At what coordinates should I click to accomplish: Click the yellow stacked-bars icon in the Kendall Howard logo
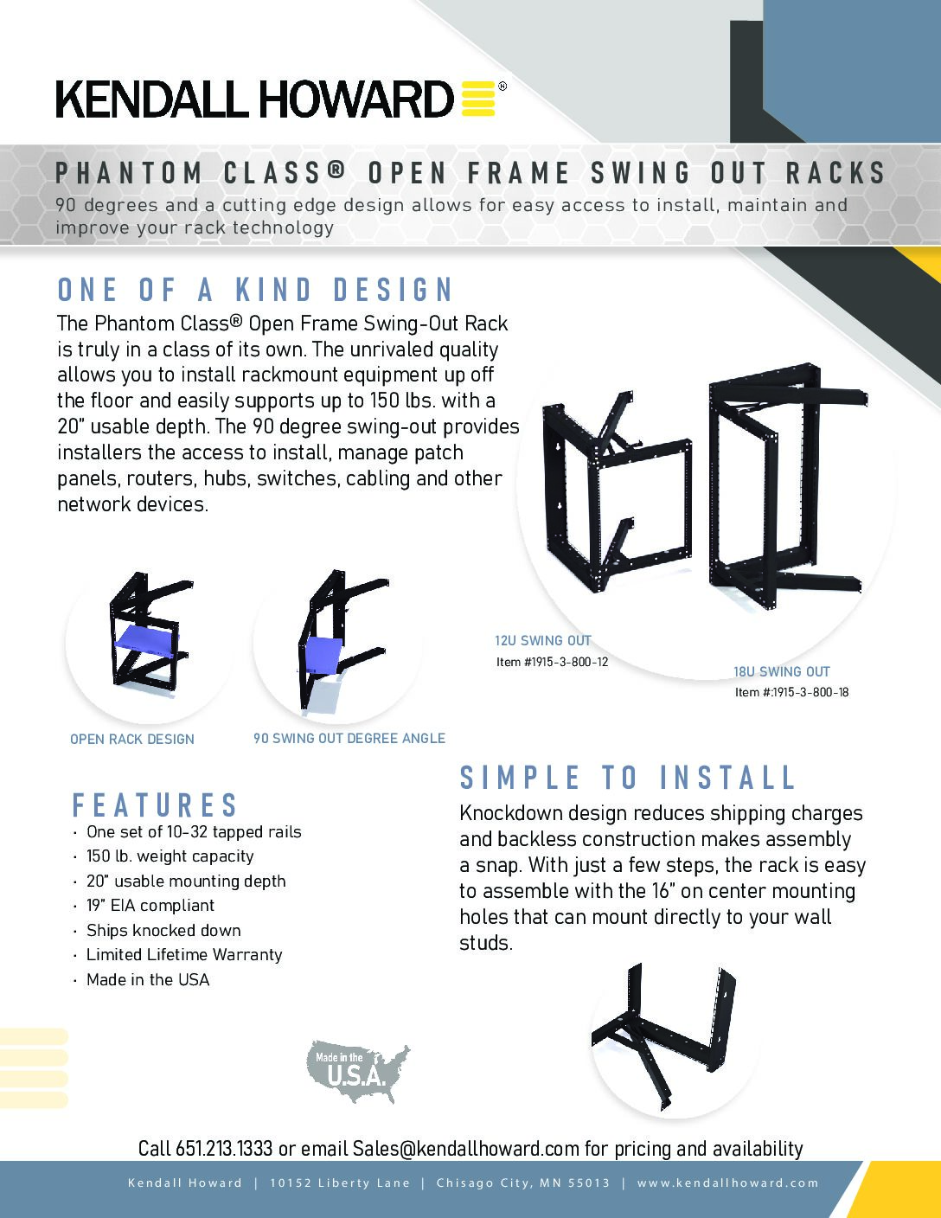pyautogui.click(x=478, y=99)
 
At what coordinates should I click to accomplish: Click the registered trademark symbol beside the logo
pyautogui.click(x=503, y=87)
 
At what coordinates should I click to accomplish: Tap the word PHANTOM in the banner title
pyautogui.click(x=129, y=173)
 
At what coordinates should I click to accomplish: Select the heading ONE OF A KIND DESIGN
pyautogui.click(x=255, y=290)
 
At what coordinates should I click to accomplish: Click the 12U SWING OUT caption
pyautogui.click(x=542, y=641)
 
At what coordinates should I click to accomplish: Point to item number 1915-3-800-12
pyautogui.click(x=552, y=662)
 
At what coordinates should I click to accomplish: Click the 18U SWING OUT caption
pyautogui.click(x=782, y=671)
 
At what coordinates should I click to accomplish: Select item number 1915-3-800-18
pyautogui.click(x=792, y=692)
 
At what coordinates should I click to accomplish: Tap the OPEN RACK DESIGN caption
pyautogui.click(x=132, y=740)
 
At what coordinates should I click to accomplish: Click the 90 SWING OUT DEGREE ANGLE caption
pyautogui.click(x=349, y=738)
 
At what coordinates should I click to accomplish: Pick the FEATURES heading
pyautogui.click(x=155, y=805)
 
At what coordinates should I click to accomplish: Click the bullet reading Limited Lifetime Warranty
pyautogui.click(x=184, y=954)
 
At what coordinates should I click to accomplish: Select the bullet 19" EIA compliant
pyautogui.click(x=150, y=905)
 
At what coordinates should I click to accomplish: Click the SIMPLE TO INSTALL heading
pyautogui.click(x=627, y=778)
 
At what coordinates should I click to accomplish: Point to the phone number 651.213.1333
pyautogui.click(x=224, y=1149)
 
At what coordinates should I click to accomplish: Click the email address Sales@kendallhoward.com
pyautogui.click(x=465, y=1149)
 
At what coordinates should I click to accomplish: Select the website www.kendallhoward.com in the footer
pyautogui.click(x=728, y=1183)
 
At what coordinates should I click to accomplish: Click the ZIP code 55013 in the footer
pyautogui.click(x=589, y=1183)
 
